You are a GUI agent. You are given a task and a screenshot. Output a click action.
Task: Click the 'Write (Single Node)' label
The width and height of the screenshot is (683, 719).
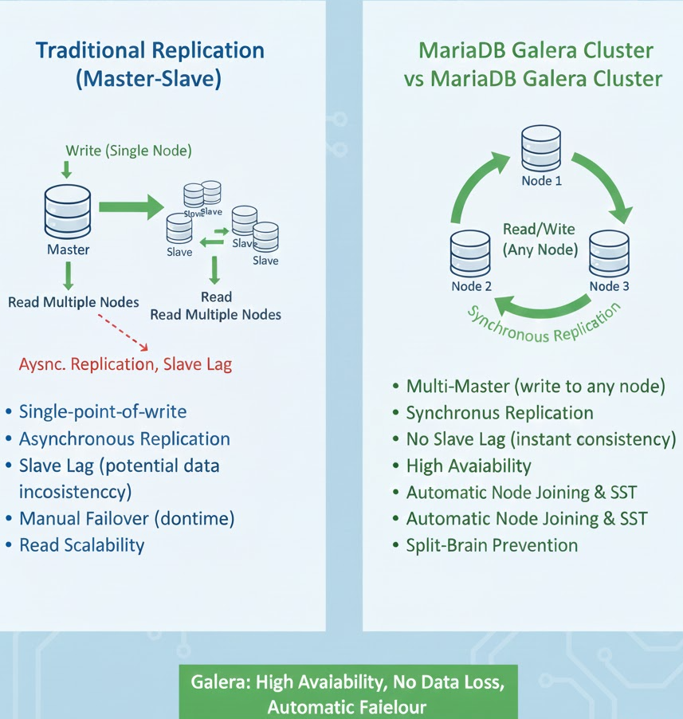click(128, 150)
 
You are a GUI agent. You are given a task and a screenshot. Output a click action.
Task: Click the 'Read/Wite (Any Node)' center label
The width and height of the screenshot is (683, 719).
click(540, 238)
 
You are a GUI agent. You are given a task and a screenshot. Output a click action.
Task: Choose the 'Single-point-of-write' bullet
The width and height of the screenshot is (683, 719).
click(103, 412)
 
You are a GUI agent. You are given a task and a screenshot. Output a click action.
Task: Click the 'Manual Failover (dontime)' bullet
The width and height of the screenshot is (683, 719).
click(127, 519)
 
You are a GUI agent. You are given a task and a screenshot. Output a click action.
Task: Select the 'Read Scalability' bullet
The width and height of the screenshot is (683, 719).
click(82, 545)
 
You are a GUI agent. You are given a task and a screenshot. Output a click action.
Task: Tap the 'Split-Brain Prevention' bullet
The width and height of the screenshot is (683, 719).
click(492, 545)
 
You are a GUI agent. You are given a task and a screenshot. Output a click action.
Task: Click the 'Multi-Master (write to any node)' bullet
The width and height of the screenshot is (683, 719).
click(536, 387)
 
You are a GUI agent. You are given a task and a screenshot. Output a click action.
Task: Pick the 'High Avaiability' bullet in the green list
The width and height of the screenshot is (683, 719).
click(469, 466)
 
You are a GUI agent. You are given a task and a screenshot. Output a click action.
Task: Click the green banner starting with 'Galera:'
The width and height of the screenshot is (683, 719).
click(347, 694)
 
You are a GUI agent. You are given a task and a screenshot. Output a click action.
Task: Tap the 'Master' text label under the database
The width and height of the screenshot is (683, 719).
click(69, 249)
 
